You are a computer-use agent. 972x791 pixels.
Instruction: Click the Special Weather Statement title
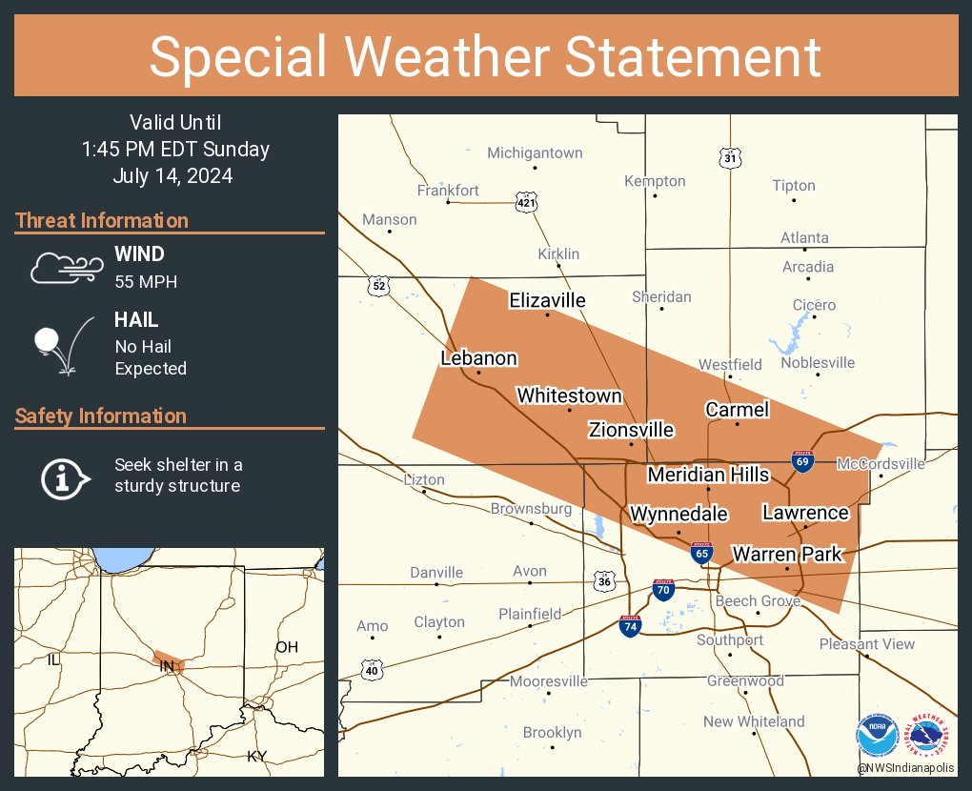pyautogui.click(x=485, y=56)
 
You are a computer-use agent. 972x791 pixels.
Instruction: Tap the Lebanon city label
pyautogui.click(x=478, y=358)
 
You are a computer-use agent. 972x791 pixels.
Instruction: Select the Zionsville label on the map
pyautogui.click(x=631, y=430)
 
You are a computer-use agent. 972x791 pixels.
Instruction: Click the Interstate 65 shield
pyautogui.click(x=701, y=552)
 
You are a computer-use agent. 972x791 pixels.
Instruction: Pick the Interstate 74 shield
pyautogui.click(x=630, y=625)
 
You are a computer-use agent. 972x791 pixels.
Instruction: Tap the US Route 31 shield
pyautogui.click(x=730, y=158)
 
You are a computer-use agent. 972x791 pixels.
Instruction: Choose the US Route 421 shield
pyautogui.click(x=526, y=201)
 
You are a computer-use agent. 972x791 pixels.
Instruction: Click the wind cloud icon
pyautogui.click(x=64, y=268)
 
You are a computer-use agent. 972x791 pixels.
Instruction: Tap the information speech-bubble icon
pyautogui.click(x=65, y=477)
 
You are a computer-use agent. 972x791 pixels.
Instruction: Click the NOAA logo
pyautogui.click(x=877, y=736)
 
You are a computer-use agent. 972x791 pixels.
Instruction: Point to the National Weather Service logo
pyautogui.click(x=930, y=735)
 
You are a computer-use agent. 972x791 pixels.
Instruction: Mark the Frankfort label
pyautogui.click(x=448, y=191)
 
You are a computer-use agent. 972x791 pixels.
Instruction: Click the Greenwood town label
pyautogui.click(x=745, y=680)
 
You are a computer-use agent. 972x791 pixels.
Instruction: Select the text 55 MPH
pyautogui.click(x=146, y=282)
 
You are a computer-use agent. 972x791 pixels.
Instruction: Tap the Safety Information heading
pyautogui.click(x=101, y=416)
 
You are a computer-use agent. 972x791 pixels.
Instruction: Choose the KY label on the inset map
pyautogui.click(x=257, y=756)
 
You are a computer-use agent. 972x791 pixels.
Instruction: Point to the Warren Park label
pyautogui.click(x=787, y=554)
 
